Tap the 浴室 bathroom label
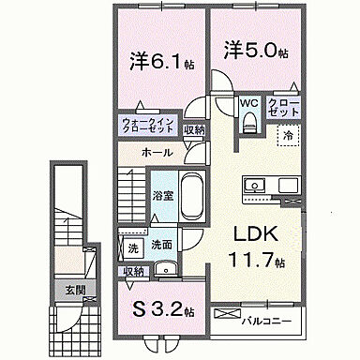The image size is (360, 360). (x=162, y=195)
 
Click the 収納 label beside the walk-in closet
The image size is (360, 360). (x=194, y=131)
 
